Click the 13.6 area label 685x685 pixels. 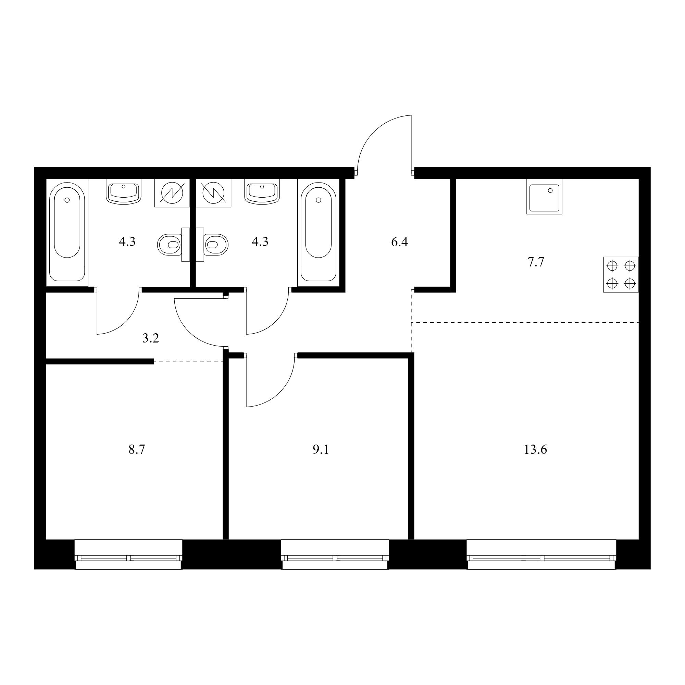point(535,450)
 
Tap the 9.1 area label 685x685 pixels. point(321,450)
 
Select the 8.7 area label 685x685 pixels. point(137,450)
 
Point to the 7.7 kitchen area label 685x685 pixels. point(536,262)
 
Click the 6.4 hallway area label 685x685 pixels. point(400,242)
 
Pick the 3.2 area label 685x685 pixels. point(151,339)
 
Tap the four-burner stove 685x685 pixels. point(621,274)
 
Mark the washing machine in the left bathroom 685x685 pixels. point(172,193)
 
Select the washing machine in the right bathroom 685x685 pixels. point(213,193)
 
